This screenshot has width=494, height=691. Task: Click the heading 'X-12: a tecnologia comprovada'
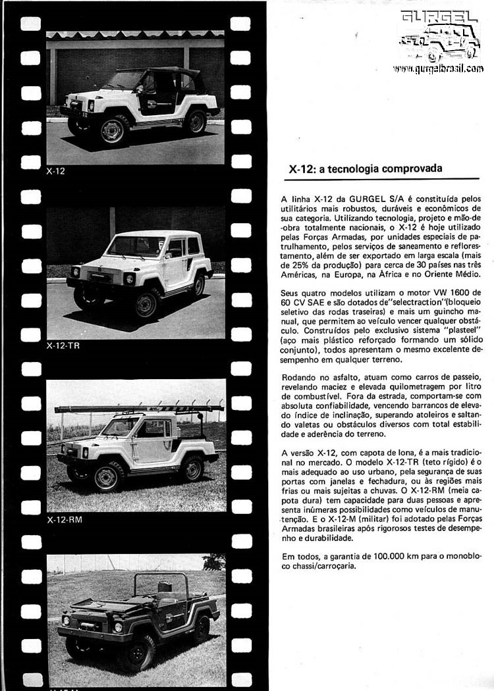366,169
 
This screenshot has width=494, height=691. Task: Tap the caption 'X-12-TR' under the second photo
63,345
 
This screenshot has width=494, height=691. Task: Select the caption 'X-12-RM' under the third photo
65,519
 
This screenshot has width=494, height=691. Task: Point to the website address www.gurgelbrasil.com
438,68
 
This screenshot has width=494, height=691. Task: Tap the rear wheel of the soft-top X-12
195,121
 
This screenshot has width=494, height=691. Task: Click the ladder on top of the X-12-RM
138,408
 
